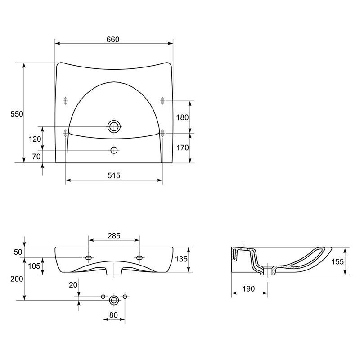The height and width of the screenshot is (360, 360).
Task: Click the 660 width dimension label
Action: [113, 40]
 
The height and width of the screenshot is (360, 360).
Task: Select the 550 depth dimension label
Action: [17, 114]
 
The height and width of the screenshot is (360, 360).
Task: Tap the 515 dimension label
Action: [114, 175]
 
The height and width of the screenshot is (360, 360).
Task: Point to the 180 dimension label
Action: [182, 117]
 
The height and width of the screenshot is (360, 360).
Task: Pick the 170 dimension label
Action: [182, 148]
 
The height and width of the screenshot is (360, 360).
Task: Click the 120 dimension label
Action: [35, 139]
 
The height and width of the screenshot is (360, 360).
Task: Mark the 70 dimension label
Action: [36, 157]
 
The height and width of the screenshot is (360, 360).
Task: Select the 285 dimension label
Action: [114, 236]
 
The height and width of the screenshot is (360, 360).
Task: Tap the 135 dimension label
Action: [181, 259]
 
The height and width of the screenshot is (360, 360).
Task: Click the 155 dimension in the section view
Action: [337, 261]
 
